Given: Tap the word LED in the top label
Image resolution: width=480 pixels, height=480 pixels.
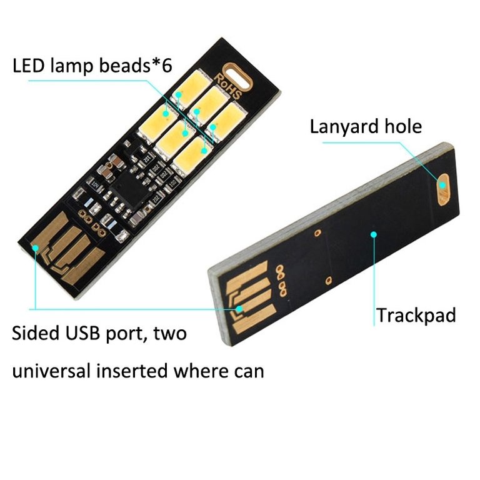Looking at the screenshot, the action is [29, 65].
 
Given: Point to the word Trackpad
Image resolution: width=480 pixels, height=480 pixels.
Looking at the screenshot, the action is [416, 315].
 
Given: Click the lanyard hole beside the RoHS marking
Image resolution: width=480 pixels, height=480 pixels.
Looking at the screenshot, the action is [239, 72].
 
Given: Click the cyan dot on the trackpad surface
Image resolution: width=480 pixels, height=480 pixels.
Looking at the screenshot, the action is [374, 234].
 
